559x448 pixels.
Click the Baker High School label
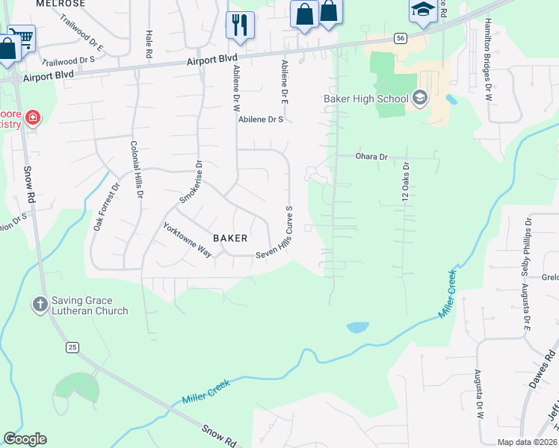tap(366, 99)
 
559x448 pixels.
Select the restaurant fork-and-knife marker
tap(240, 25)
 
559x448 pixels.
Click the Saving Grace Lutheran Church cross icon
tap(40, 305)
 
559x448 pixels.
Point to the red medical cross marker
tap(32, 117)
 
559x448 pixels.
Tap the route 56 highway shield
tap(401, 37)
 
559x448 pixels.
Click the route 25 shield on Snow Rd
tap(72, 347)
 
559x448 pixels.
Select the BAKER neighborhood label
tap(230, 238)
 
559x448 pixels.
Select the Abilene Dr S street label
tap(262, 119)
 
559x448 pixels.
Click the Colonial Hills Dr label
tap(137, 171)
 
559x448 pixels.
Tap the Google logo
tap(25, 439)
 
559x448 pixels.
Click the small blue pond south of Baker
tap(357, 327)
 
